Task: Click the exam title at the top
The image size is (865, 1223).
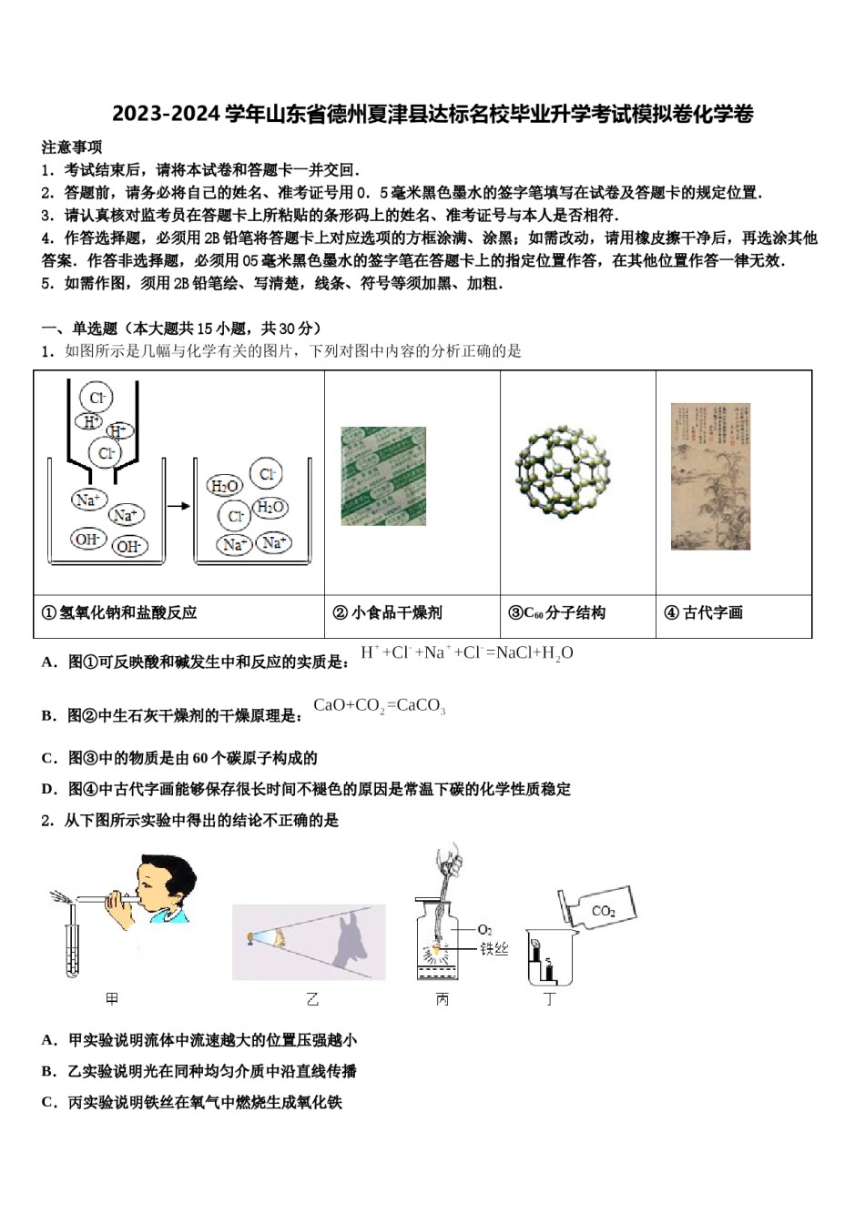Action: pos(432,114)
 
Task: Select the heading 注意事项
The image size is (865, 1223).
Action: pos(72,147)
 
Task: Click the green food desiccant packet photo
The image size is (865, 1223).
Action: pos(383,476)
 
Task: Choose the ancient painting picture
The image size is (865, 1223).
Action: pos(710,476)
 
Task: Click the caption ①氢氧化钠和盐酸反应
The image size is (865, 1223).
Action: pos(119,612)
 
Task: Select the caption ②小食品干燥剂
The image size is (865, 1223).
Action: pos(388,612)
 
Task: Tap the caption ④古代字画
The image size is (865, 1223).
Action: pos(703,612)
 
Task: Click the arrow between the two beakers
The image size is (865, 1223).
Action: pos(178,506)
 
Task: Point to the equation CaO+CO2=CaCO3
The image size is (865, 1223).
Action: pos(379,706)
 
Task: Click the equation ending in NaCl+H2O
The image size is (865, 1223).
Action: pos(467,653)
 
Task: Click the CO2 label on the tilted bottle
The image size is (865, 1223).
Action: pos(603,910)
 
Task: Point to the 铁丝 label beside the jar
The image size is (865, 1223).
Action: pos(494,949)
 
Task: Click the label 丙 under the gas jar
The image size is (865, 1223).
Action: pos(443,999)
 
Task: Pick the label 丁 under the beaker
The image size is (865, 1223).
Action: pos(549,999)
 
